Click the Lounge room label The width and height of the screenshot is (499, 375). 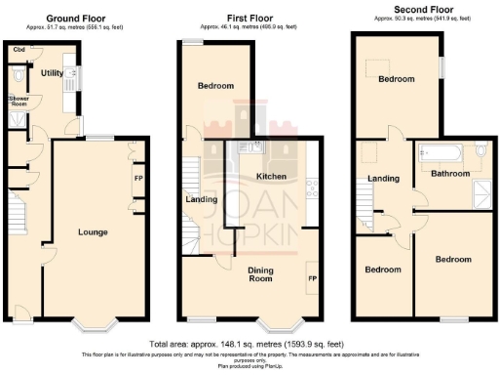click(94, 231)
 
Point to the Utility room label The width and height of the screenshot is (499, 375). click(52, 72)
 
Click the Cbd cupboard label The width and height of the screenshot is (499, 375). click(19, 49)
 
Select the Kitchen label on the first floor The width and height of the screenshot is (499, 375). click(270, 177)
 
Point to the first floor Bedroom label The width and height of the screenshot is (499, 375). click(216, 86)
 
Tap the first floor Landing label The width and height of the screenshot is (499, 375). click(202, 200)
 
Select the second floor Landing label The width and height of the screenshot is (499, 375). click(383, 178)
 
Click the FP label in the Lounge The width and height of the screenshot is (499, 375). click(137, 179)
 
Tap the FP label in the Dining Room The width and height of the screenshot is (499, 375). click(313, 278)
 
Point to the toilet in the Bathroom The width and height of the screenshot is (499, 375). click(482, 151)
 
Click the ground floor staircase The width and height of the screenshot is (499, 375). click(19, 215)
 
